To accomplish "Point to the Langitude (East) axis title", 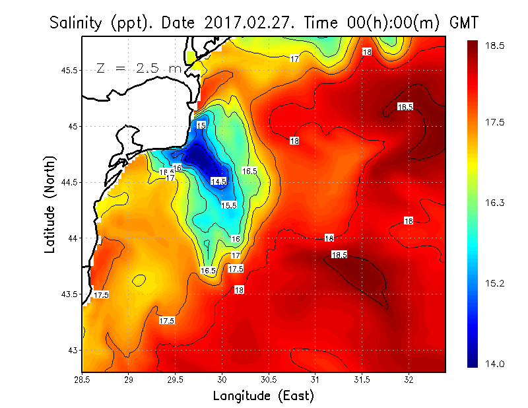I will click(x=263, y=396).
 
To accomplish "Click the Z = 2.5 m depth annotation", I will click(x=139, y=68).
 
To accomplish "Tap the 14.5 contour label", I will click(x=218, y=181).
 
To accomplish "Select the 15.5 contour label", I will click(x=228, y=205).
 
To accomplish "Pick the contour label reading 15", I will click(x=201, y=125).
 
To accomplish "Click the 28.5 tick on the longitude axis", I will click(x=82, y=380).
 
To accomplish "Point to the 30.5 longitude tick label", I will click(x=269, y=380).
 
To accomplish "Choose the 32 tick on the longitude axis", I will click(x=409, y=380).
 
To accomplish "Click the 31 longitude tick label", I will click(x=315, y=380).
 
